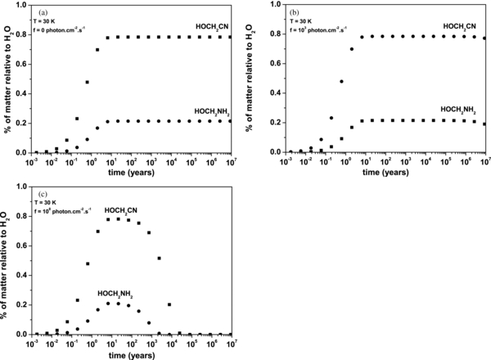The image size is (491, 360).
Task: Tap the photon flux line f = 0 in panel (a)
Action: (65, 29)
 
